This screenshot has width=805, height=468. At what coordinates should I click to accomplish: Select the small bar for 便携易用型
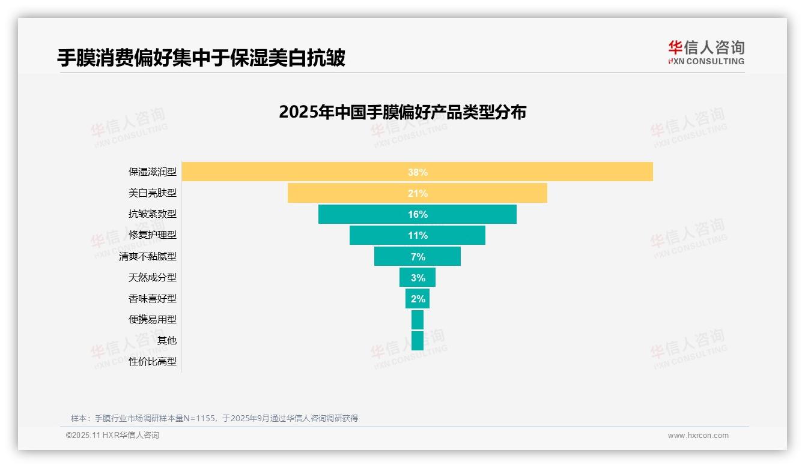coord(417,319)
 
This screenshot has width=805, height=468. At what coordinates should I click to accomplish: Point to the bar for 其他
coord(417,340)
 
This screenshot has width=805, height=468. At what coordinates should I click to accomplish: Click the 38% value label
coord(418,172)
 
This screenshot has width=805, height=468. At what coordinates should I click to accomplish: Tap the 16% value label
coord(418,214)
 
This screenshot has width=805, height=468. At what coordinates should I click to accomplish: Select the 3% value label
coord(418,278)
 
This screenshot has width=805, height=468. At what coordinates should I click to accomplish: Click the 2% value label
coord(418,299)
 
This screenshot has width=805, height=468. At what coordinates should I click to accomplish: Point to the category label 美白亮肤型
coord(153,193)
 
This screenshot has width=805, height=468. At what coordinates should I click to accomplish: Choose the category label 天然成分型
coord(153,277)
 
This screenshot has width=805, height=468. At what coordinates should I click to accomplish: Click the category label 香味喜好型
coord(153,298)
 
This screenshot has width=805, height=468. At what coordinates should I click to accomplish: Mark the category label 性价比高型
coord(153,361)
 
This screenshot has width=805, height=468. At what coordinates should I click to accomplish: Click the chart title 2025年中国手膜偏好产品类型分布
coord(402,112)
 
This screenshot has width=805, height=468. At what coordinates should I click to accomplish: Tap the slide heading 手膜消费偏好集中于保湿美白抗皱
coord(201,58)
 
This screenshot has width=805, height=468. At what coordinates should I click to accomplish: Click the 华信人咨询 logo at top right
coord(706,53)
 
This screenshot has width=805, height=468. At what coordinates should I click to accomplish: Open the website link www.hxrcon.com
coord(698,436)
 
